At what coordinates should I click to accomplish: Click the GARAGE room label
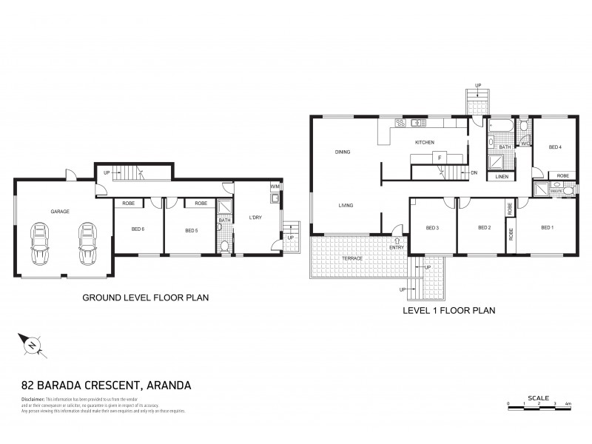pos(60,212)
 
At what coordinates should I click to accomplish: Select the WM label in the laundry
pos(275,186)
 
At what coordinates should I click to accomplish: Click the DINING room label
pos(342,152)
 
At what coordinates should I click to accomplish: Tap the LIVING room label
pos(346,205)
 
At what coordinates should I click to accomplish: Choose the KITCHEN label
pos(424,142)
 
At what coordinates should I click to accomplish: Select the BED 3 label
pos(433,227)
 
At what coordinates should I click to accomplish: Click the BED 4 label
pos(555,147)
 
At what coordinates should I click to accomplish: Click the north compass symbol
pos(33,345)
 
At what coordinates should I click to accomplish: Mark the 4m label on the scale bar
pos(567,403)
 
